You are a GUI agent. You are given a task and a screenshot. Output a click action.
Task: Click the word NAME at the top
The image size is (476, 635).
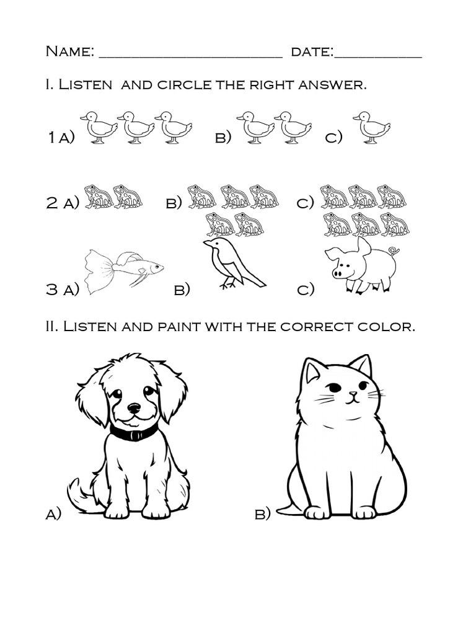(x=69, y=51)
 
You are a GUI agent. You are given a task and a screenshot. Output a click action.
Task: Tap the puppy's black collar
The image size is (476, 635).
(x=133, y=433)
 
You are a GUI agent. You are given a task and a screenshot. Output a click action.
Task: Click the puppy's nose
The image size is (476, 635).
(x=134, y=408)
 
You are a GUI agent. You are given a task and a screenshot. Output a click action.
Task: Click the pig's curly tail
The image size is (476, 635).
(x=393, y=251)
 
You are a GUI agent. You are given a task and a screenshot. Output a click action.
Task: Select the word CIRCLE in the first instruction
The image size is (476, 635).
(x=185, y=84)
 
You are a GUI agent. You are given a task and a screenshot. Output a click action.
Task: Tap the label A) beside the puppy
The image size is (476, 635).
(x=53, y=514)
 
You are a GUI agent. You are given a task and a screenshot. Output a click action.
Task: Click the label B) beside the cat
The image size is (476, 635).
(x=262, y=514)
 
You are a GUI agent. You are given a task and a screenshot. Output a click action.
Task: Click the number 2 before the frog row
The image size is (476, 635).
(x=52, y=203)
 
